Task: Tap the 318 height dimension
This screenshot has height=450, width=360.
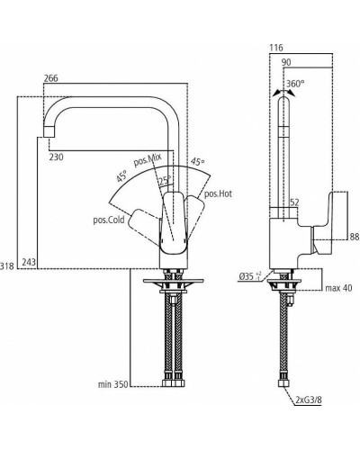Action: tap(9, 266)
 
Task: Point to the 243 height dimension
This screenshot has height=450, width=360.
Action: tap(29, 262)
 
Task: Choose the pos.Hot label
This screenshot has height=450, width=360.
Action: tap(218, 193)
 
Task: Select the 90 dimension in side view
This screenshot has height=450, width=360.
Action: tap(287, 63)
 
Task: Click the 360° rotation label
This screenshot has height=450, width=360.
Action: tap(295, 84)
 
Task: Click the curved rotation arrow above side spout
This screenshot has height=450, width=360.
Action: tap(282, 91)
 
